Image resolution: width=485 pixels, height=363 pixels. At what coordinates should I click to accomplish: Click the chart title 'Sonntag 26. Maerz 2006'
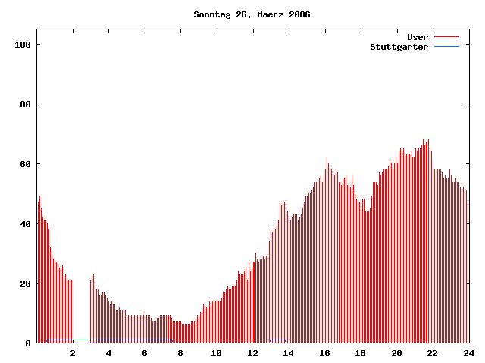pos(252,14)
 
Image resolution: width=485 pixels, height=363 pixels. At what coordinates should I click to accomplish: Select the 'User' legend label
pos(418,37)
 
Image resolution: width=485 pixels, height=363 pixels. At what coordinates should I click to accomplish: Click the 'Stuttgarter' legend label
pos(399,47)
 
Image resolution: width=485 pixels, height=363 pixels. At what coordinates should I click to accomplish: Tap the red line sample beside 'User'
pos(446,37)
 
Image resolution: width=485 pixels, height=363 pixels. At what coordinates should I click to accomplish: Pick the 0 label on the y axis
pos(28,343)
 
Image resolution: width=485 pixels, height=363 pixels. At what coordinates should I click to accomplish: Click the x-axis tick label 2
pos(73,353)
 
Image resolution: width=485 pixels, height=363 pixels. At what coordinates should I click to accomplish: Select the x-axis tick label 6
pos(145,353)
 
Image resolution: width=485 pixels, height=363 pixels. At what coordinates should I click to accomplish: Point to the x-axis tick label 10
pos(217,353)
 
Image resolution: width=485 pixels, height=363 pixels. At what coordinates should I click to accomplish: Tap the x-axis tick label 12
pos(252,353)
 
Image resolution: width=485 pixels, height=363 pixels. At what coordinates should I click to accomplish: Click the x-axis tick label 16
pos(324,353)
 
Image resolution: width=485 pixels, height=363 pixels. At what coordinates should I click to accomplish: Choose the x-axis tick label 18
pos(361,353)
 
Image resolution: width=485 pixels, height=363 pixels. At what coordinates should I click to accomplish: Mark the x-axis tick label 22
pos(433,353)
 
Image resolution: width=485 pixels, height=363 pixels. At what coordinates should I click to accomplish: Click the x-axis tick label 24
pos(468,353)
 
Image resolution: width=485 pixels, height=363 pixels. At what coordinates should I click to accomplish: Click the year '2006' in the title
pos(299,14)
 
